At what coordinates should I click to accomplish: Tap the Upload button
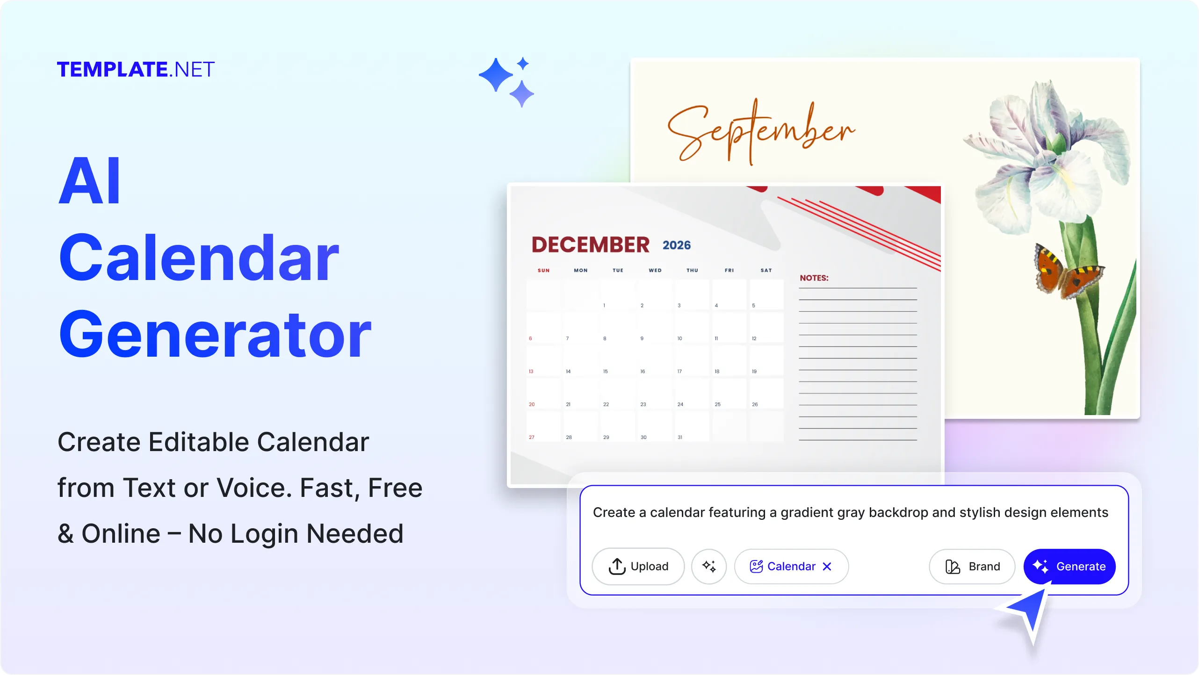click(x=638, y=566)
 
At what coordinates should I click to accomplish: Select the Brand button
click(x=972, y=566)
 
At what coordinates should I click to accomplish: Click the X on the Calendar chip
click(x=827, y=567)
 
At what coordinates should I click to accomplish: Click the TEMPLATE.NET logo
click(x=136, y=70)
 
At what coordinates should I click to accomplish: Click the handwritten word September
click(x=761, y=131)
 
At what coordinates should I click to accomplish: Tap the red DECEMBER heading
click(x=590, y=245)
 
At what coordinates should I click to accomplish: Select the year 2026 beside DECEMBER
click(x=676, y=245)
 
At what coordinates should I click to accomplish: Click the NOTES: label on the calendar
click(x=814, y=278)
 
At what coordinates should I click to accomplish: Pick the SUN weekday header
click(x=543, y=270)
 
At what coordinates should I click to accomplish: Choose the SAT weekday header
click(x=766, y=270)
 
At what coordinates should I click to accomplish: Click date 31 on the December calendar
click(x=680, y=438)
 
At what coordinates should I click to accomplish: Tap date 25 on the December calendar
click(x=717, y=404)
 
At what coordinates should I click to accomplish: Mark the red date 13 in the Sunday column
click(x=531, y=372)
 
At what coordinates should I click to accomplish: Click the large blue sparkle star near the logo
click(x=496, y=75)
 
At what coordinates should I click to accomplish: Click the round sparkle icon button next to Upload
click(x=709, y=566)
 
